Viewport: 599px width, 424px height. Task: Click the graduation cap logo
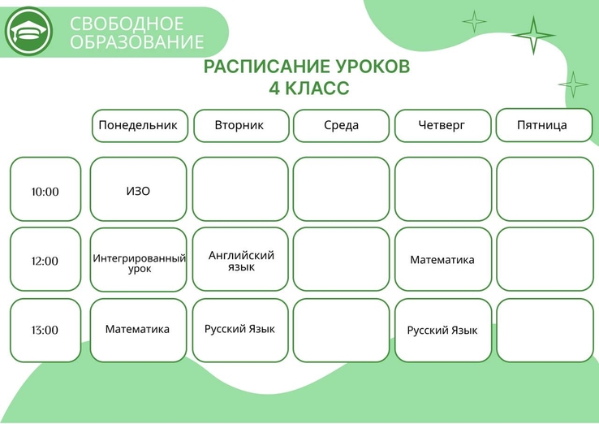[x=28, y=32]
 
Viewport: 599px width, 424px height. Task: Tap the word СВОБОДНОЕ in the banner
[x=127, y=24]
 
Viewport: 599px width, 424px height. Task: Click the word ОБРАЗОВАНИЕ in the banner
[x=136, y=41]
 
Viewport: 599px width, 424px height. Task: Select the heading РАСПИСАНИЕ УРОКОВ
[x=307, y=66]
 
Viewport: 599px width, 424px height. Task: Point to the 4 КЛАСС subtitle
[x=309, y=88]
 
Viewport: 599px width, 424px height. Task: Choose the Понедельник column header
[x=140, y=126]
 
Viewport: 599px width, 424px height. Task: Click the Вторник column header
[x=241, y=126]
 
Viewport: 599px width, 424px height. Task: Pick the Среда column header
[x=341, y=126]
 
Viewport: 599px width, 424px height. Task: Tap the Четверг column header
[x=442, y=126]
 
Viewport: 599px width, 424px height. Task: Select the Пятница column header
[x=544, y=125]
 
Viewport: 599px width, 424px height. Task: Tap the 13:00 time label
[x=45, y=330]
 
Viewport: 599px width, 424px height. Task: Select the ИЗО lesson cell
[x=138, y=189]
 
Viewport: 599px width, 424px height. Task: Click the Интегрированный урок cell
[x=138, y=260]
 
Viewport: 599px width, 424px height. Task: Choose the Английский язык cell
[x=240, y=259]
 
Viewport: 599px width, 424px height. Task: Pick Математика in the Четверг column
[x=442, y=259]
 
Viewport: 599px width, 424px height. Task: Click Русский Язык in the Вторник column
[x=240, y=330]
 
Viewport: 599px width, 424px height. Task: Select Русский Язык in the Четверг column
[x=442, y=330]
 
